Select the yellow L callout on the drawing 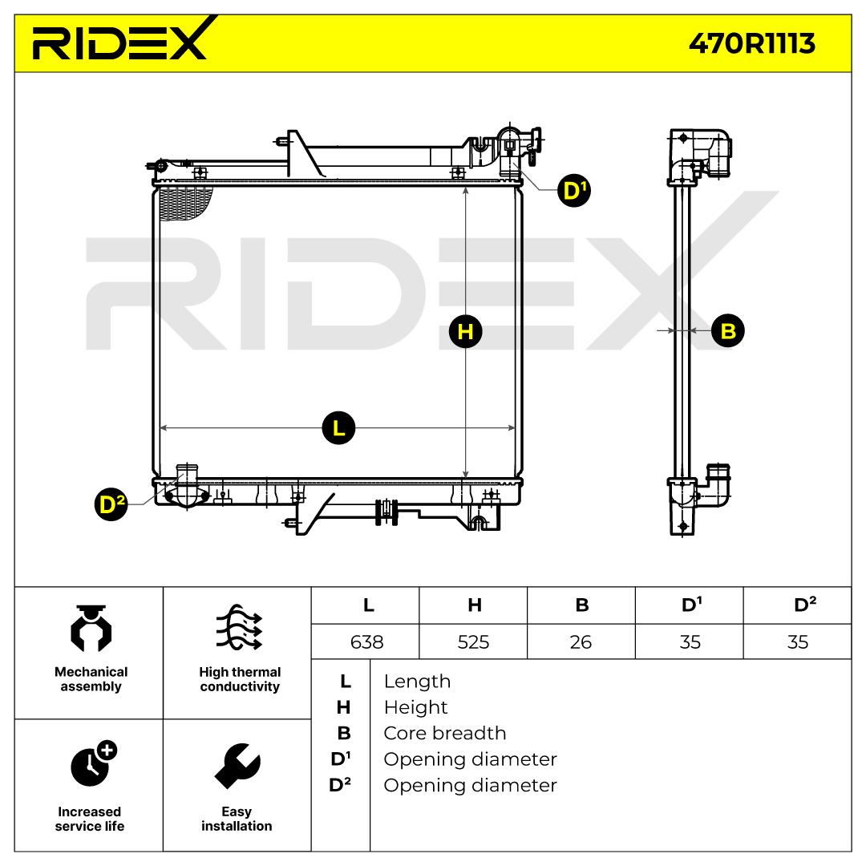[338, 427]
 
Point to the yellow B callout [727, 330]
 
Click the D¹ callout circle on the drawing [574, 191]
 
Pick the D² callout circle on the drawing [111, 504]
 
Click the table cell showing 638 [367, 641]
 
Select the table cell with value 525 [473, 641]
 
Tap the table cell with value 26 [581, 641]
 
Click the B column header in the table [581, 605]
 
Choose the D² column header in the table [798, 605]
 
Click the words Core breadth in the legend [444, 733]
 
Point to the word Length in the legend [417, 682]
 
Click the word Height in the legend [415, 707]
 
